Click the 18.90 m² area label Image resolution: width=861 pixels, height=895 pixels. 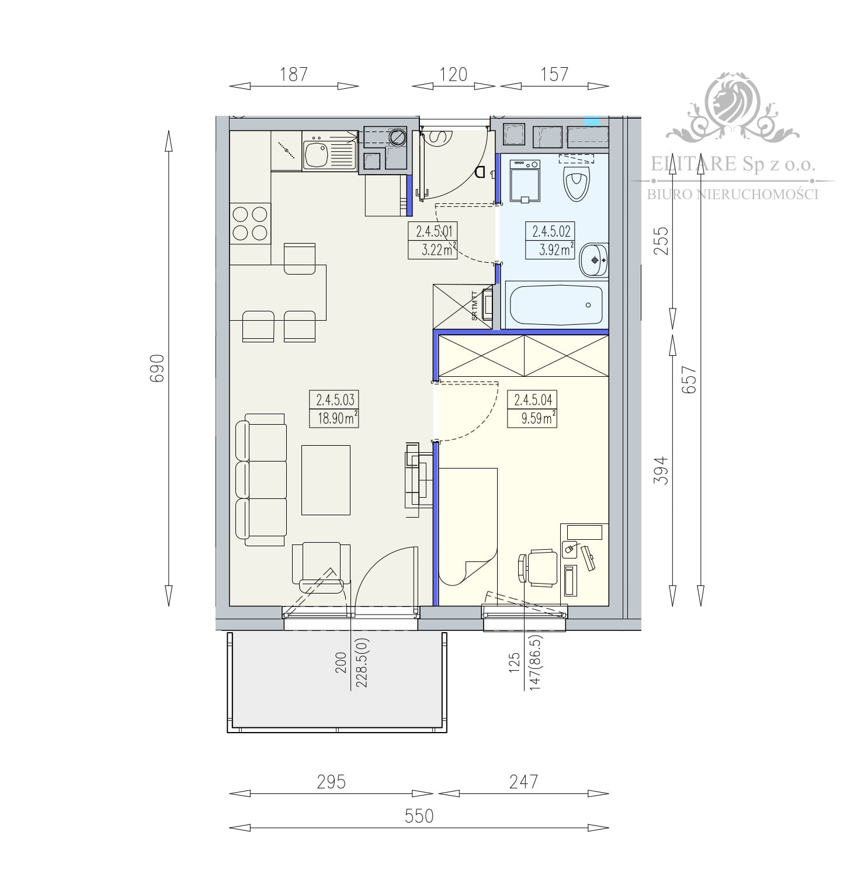point(335,418)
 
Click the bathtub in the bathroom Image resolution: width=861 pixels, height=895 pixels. point(555,304)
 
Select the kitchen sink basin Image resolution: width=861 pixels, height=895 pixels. point(317,154)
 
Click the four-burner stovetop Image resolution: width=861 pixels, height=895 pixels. point(250,224)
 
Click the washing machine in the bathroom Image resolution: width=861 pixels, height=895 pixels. point(526,181)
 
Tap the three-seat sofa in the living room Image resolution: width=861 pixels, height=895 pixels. point(261,480)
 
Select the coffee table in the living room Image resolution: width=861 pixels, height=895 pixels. point(326,480)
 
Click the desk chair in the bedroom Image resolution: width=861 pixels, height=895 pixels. point(538,567)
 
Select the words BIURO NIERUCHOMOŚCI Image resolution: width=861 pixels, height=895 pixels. point(732,194)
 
